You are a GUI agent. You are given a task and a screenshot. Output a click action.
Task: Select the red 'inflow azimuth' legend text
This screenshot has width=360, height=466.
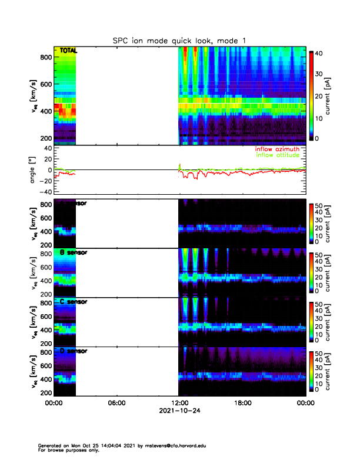(276, 149)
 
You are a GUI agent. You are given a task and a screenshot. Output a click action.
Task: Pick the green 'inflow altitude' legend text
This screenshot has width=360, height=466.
(276, 155)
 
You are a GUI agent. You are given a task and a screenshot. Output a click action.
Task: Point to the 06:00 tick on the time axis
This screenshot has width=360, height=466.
(116, 402)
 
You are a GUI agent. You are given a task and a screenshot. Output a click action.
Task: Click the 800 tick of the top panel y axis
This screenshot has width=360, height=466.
(45, 57)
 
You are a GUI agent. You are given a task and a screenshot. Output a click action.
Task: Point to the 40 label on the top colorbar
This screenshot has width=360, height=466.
(322, 53)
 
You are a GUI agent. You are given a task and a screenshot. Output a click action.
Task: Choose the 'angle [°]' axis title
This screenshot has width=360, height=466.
(34, 170)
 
